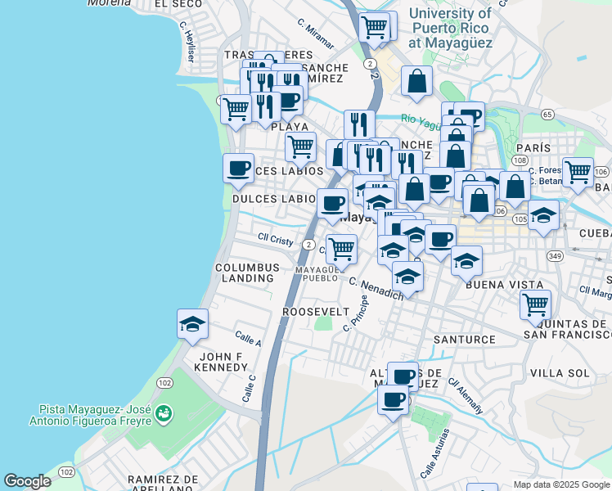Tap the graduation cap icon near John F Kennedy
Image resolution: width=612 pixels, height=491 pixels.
(x=192, y=324)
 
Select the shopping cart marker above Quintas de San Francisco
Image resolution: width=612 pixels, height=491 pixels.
(x=535, y=304)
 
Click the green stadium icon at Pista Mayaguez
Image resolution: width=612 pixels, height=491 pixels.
(x=164, y=414)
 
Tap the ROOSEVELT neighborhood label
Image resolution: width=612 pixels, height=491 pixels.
(x=316, y=312)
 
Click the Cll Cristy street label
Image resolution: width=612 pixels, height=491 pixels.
(x=275, y=240)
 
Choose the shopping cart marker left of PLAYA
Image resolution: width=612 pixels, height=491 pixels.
(x=236, y=108)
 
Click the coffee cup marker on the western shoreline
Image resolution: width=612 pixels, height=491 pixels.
(x=239, y=168)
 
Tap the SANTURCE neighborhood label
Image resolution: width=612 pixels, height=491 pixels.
(x=464, y=339)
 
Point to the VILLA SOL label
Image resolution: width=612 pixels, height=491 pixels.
(x=560, y=373)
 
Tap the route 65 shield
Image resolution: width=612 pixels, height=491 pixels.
(x=547, y=114)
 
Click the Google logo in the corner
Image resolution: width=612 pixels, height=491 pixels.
(x=27, y=481)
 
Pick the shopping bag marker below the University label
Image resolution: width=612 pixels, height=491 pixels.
(x=417, y=81)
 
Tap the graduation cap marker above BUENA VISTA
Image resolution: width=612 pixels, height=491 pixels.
(x=466, y=261)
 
